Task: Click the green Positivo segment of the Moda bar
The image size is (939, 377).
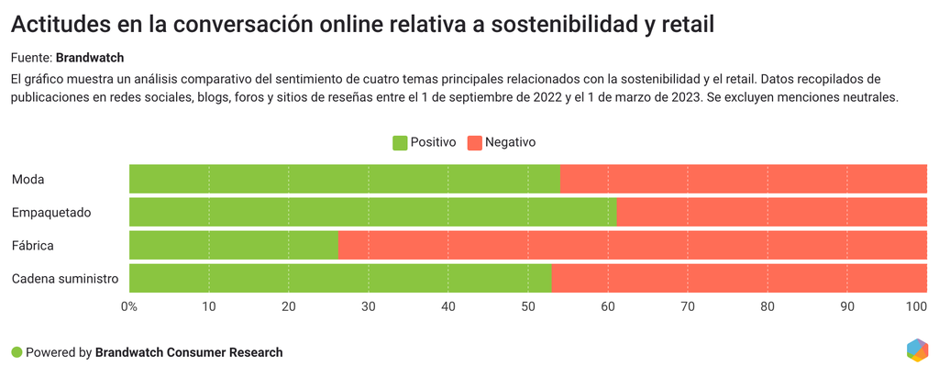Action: pos(344,179)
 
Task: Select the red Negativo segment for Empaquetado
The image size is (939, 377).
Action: pos(771,212)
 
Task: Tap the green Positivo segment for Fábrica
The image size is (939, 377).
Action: pos(234,245)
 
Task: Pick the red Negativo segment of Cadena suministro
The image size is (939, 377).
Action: pos(739,278)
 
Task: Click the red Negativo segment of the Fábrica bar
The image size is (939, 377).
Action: pos(633,245)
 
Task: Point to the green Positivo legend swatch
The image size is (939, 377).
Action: pos(400,143)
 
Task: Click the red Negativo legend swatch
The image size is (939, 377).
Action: pos(474,143)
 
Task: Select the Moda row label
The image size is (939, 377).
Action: pos(28,179)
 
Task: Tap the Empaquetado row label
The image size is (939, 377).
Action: pos(51,212)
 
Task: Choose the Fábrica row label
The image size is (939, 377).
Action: pos(33,245)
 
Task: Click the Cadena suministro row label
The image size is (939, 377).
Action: pos(65,278)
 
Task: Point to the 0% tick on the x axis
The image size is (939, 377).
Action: pos(129,306)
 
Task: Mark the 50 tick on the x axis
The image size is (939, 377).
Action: pos(528,306)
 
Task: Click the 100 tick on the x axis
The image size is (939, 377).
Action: pos(917,306)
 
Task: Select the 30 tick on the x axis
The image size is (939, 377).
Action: pos(369,306)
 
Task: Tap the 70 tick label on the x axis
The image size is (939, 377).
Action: pos(688,306)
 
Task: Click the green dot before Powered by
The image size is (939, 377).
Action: pos(17,352)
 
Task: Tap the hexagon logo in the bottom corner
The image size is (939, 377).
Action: pos(916,350)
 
